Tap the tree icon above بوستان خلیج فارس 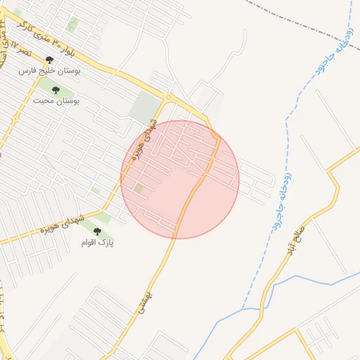(49, 60)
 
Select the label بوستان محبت (56, 101)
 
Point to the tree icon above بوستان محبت (56, 90)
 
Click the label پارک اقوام (97, 242)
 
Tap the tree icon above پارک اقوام (97, 231)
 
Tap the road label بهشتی (146, 299)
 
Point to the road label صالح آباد (294, 240)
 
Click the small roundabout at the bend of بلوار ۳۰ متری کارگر (168, 97)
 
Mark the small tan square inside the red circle (139, 188)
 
